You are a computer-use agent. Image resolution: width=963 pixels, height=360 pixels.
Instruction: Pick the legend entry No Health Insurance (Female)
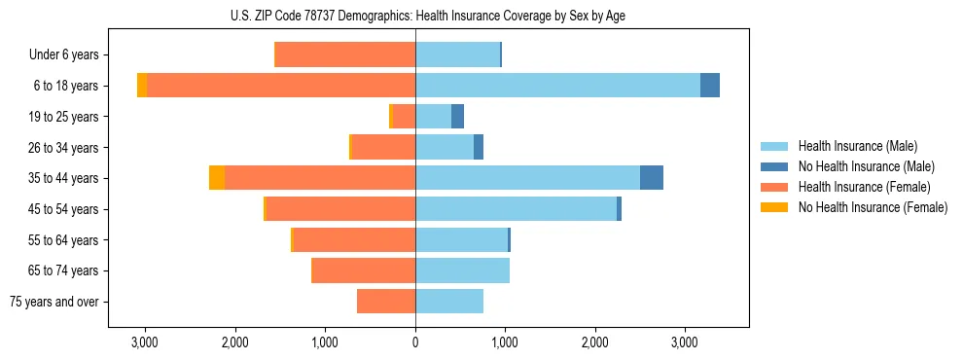click(x=873, y=207)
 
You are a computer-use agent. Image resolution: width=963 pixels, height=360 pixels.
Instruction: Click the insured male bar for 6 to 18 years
click(x=557, y=86)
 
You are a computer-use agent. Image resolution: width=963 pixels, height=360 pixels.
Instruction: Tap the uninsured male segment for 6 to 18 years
click(x=710, y=86)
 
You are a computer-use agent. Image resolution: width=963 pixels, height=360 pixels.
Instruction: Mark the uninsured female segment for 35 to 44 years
click(x=217, y=178)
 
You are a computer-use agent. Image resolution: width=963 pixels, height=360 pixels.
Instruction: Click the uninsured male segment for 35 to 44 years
click(x=652, y=178)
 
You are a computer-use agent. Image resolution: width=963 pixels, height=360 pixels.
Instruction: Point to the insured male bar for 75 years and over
click(x=449, y=302)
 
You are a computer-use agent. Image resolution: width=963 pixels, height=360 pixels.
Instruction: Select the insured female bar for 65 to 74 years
click(x=364, y=270)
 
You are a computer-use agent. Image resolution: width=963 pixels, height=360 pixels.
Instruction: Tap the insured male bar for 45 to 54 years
click(x=517, y=209)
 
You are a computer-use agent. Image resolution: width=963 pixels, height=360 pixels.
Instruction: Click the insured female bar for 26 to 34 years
click(x=383, y=148)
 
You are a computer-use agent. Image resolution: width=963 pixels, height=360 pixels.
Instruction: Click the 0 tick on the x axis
click(x=415, y=342)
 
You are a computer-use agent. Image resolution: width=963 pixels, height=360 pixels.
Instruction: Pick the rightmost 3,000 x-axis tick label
click(x=685, y=342)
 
